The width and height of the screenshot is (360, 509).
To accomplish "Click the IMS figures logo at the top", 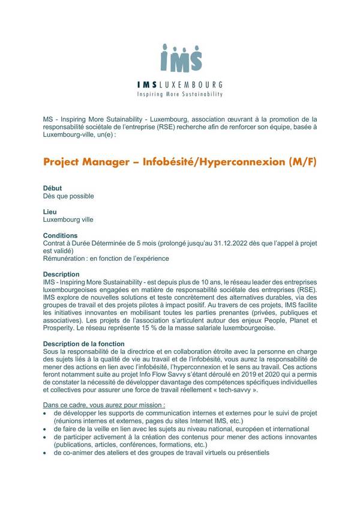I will (x=181, y=58).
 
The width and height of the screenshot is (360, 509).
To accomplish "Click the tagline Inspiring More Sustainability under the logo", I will (x=181, y=94).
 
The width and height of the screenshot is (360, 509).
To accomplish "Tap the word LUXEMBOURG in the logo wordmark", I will (x=194, y=85).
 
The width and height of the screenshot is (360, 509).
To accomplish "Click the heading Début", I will (x=53, y=188).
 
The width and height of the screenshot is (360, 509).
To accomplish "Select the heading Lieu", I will (x=50, y=212).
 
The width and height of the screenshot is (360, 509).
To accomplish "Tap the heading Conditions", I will (x=61, y=236).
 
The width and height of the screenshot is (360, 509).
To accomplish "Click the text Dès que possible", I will (x=68, y=196).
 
